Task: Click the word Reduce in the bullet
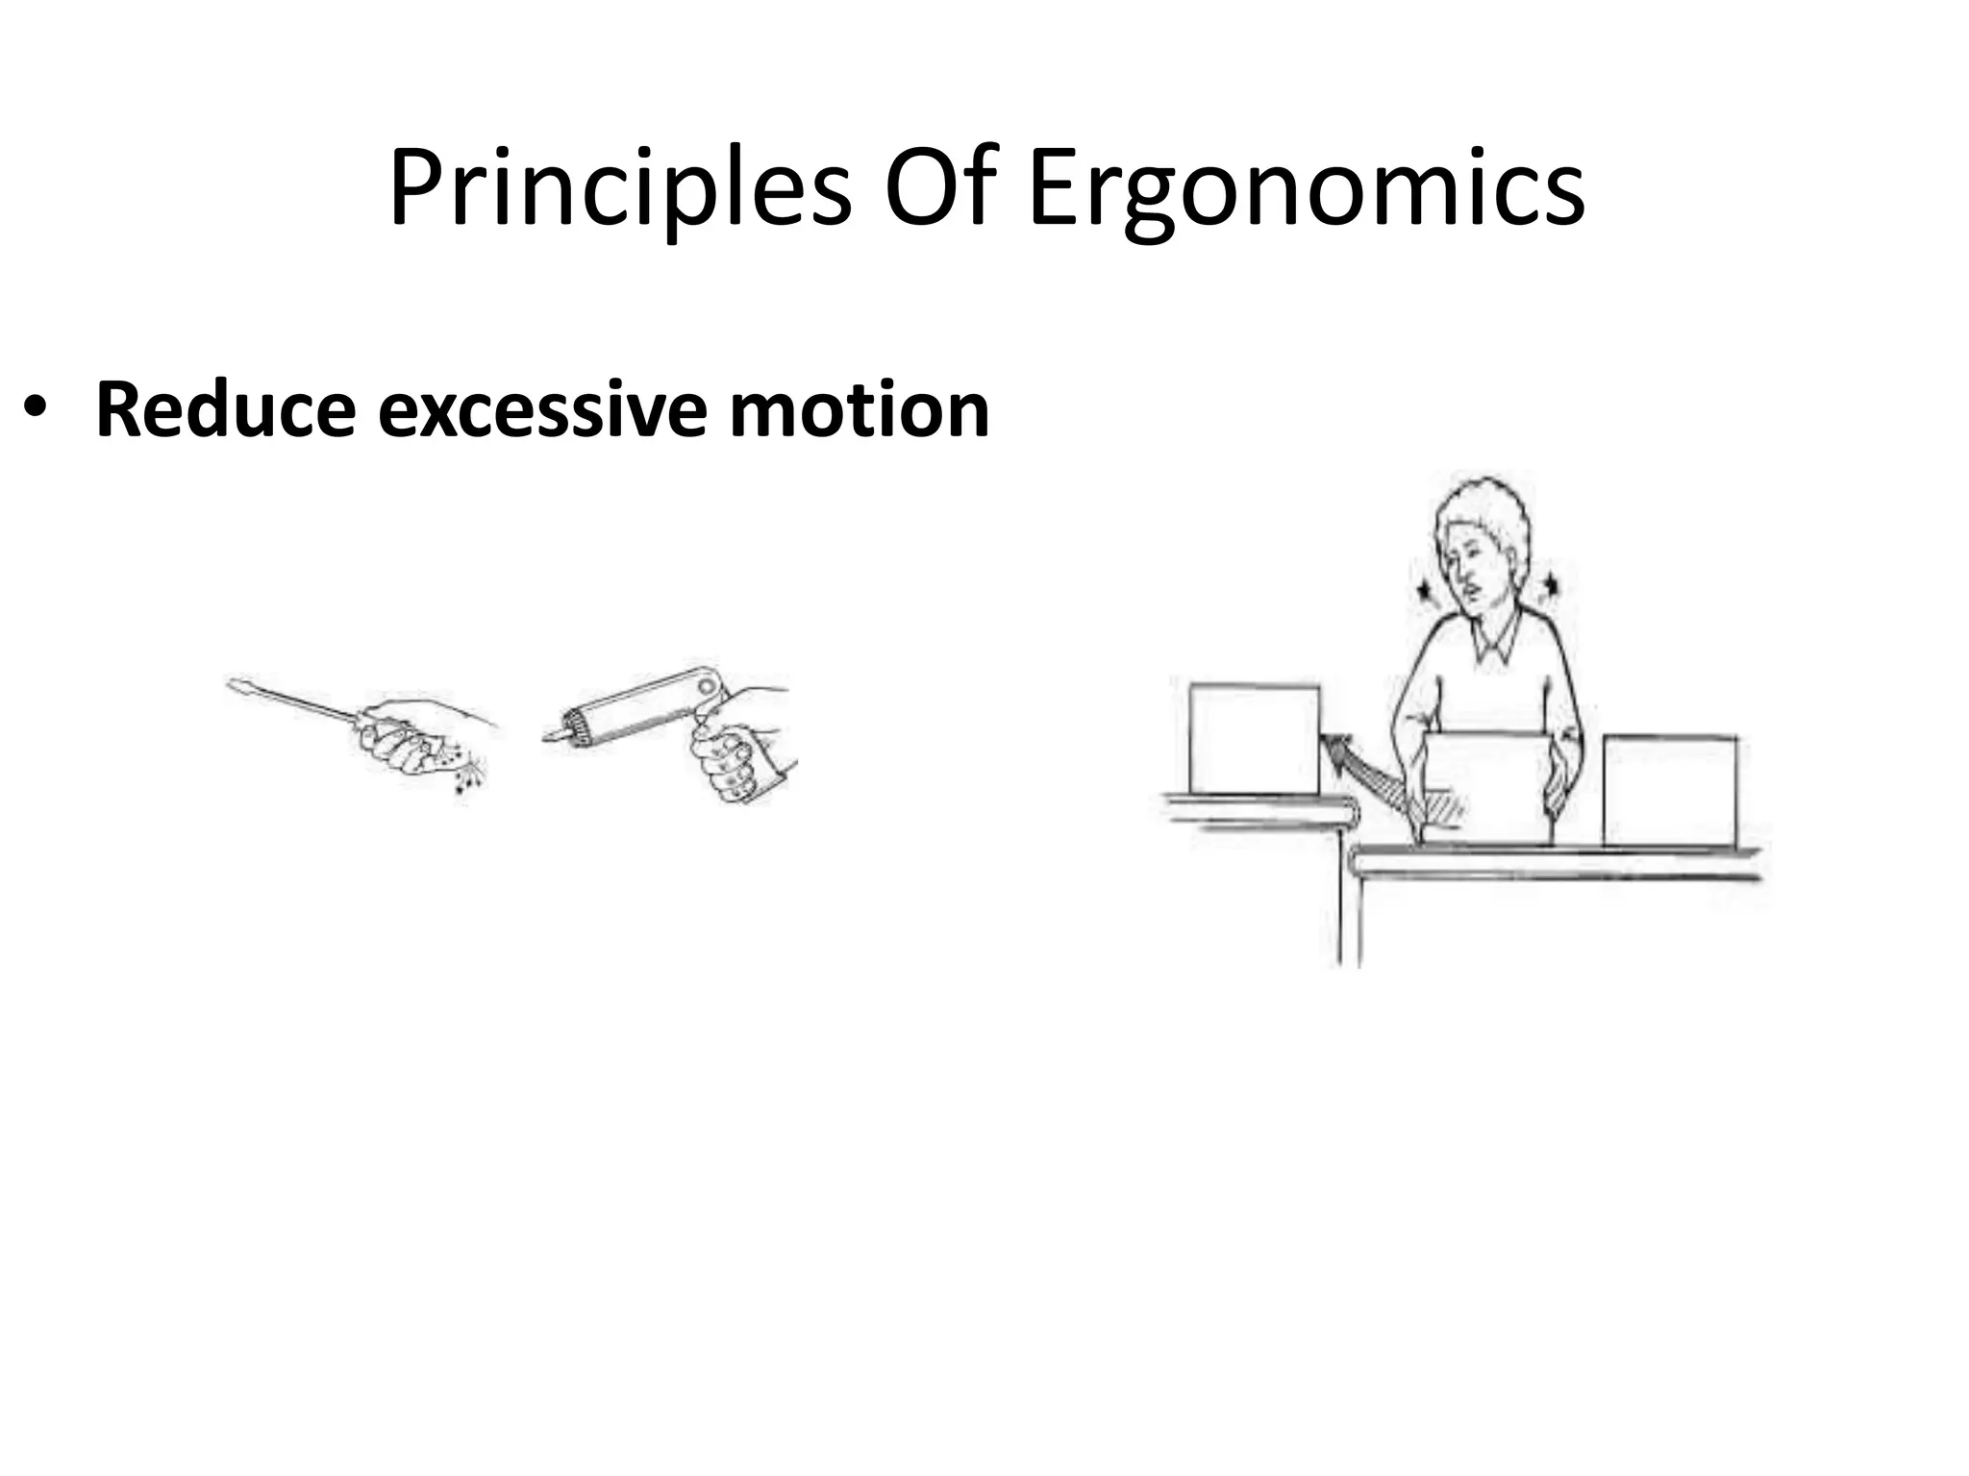click(x=226, y=411)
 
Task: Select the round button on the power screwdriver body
click(x=709, y=686)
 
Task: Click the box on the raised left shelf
click(x=1254, y=738)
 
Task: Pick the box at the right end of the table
click(x=1670, y=790)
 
